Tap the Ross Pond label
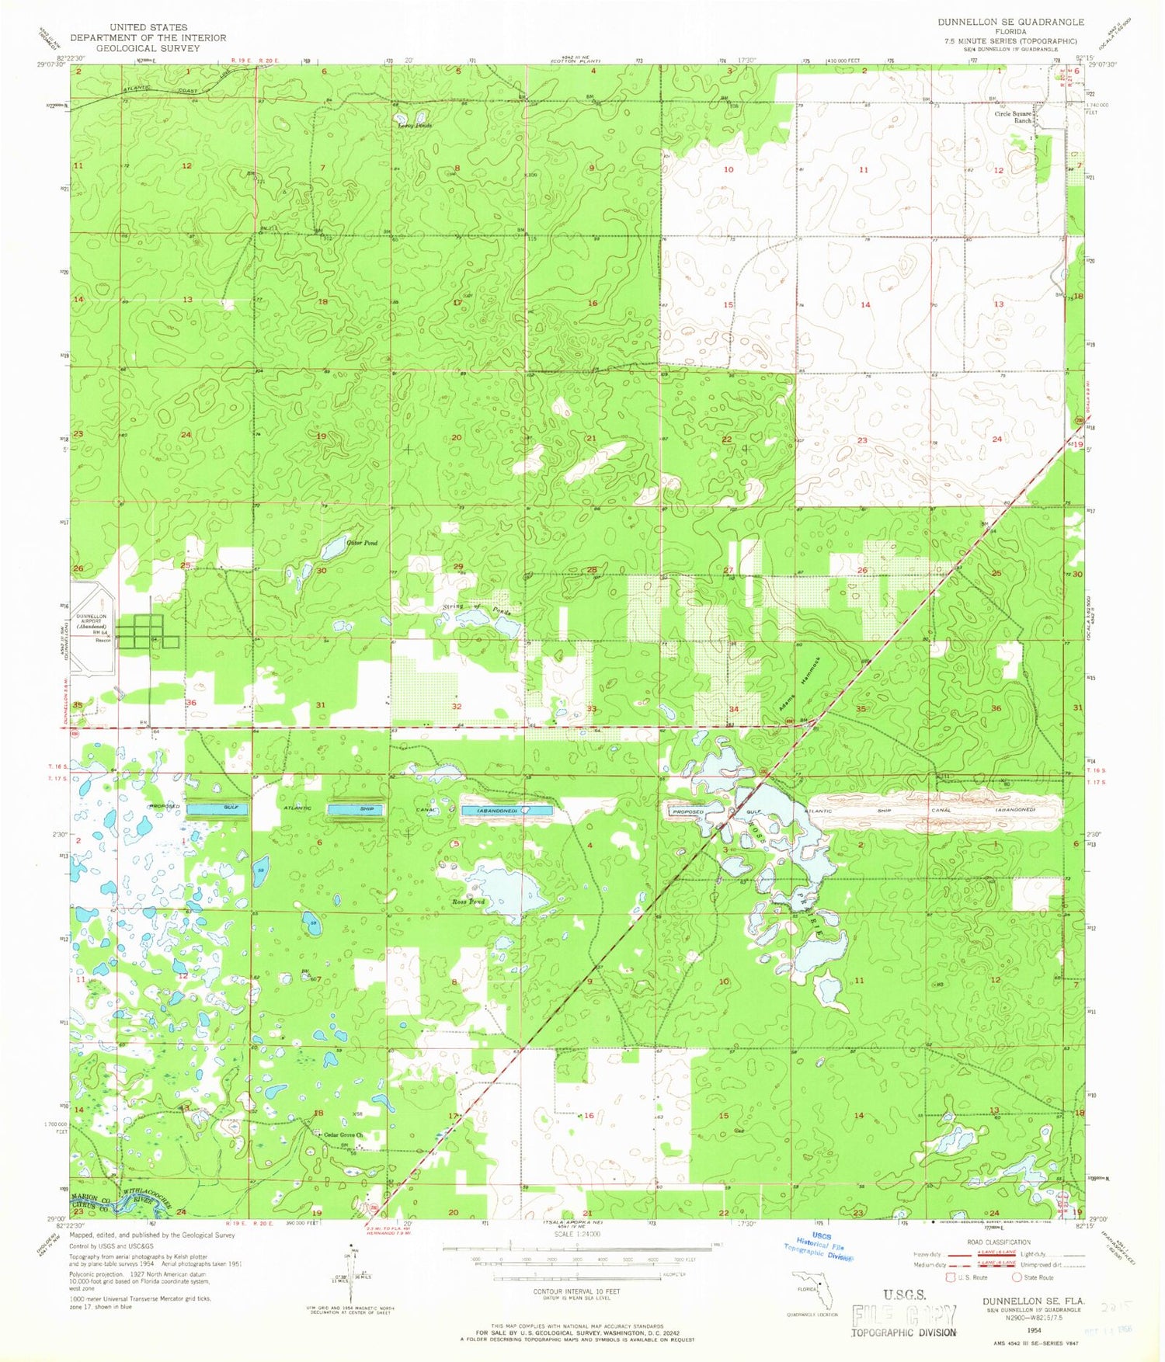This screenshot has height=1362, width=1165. point(468,902)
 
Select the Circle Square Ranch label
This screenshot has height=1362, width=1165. point(1014,117)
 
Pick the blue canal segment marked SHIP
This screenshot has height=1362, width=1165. point(356,809)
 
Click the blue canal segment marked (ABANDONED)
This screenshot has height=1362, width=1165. point(507,811)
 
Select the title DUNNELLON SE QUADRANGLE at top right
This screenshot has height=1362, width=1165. point(1010,23)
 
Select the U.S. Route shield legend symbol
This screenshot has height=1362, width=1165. point(948,1277)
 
